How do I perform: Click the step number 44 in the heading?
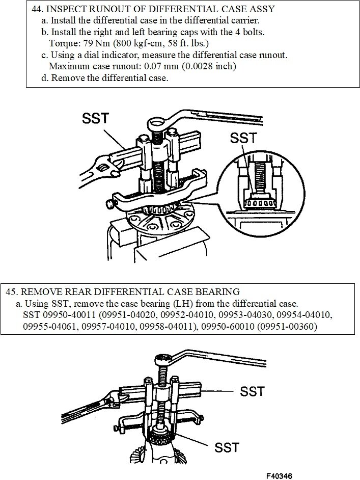[37, 10]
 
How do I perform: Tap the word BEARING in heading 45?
[214, 292]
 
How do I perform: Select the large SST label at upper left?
[95, 119]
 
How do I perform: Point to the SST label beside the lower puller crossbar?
[252, 391]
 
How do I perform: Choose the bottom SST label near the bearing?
[227, 447]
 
